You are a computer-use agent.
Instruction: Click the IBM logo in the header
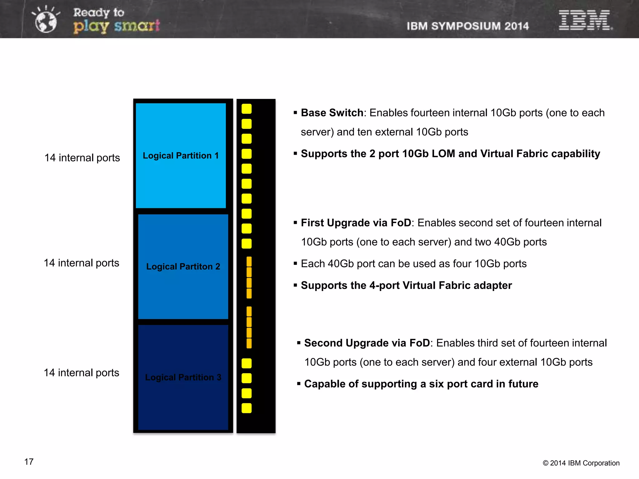(x=585, y=20)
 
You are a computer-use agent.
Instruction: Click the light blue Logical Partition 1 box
(x=181, y=155)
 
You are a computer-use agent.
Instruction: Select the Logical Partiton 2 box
(x=183, y=266)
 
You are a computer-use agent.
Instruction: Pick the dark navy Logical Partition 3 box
(x=183, y=377)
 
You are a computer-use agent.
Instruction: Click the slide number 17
(x=29, y=462)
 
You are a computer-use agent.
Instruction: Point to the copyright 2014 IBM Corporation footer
(x=581, y=463)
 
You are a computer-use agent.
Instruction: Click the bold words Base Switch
(x=332, y=113)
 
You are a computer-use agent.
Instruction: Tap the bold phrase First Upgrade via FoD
(x=356, y=223)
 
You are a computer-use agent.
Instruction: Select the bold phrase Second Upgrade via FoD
(x=367, y=343)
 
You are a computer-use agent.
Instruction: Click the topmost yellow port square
(x=246, y=109)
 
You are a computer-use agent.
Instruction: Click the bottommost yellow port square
(x=246, y=408)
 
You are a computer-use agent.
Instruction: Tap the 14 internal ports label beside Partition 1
(x=82, y=158)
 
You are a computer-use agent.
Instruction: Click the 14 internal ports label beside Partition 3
(x=81, y=373)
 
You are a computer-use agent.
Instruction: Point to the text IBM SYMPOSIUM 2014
(x=467, y=26)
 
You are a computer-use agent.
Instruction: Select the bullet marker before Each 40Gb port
(x=295, y=264)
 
